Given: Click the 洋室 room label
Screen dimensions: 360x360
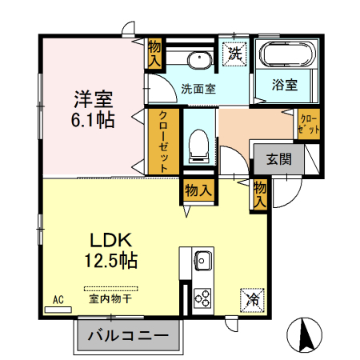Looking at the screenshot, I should pos(94,100).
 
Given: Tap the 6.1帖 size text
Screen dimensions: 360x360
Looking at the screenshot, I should pos(94,120).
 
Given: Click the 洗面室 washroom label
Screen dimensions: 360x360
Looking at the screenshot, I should pos(197,89).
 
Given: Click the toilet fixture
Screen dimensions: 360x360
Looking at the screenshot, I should pos(198,145).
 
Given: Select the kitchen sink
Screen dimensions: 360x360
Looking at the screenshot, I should pos(202,261).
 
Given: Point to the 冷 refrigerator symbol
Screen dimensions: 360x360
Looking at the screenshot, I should pos(252,301).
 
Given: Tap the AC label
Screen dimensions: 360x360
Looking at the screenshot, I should pos(58,300).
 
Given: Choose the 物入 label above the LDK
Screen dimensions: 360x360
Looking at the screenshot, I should pos(198,190).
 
